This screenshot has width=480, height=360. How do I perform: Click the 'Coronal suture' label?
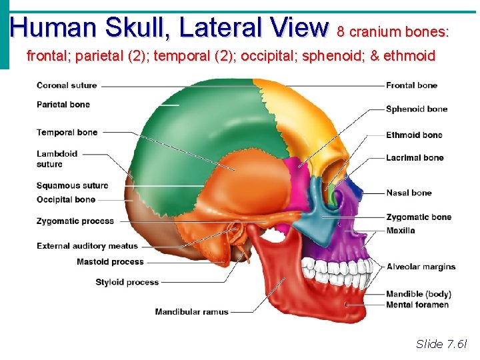67,85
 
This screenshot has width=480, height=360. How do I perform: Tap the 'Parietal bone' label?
63,105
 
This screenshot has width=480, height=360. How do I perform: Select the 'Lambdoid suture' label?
57,159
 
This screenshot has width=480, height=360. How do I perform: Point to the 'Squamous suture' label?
72,185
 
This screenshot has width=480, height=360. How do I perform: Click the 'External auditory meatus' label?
87,246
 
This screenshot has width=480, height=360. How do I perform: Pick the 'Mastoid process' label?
110,262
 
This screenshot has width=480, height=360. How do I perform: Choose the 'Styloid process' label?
127,282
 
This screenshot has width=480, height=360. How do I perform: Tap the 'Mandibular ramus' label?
191,311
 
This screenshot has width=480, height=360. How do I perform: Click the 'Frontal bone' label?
412,85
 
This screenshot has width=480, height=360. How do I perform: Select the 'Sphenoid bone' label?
417,109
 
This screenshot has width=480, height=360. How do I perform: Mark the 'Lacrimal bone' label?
415,158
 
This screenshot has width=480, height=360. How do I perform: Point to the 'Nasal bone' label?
409,193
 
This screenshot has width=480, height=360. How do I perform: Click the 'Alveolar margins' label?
421,267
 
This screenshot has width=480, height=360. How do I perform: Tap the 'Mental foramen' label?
417,305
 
